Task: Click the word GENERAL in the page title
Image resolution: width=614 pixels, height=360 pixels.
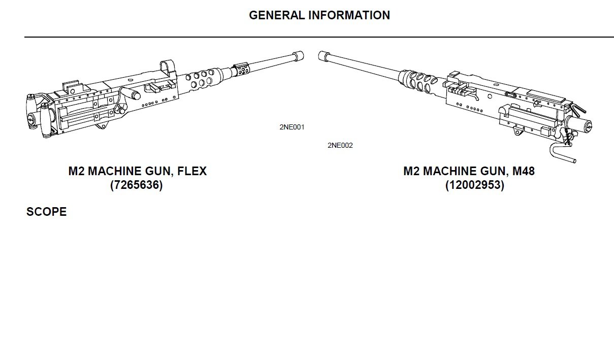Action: (x=277, y=15)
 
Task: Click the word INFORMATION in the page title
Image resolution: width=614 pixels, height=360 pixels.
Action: (x=349, y=15)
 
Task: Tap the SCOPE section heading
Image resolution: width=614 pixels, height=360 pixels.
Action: (x=46, y=212)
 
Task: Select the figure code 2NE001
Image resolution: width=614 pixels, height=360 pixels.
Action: (x=292, y=127)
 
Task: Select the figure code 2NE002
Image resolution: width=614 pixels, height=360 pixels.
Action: (x=340, y=145)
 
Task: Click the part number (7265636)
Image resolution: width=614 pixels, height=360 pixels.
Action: (x=137, y=185)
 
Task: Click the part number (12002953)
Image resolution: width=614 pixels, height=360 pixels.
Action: (x=475, y=185)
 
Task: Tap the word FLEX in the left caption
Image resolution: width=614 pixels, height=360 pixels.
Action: (x=192, y=171)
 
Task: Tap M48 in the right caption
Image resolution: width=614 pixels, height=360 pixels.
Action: (x=524, y=171)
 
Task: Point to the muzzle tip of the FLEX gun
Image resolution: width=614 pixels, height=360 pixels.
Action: (x=303, y=56)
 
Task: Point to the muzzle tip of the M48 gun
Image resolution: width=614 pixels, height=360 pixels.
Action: (x=319, y=56)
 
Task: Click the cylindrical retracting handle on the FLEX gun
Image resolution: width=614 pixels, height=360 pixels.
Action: (x=130, y=92)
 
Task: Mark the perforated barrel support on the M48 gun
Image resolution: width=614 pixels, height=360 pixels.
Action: (x=418, y=80)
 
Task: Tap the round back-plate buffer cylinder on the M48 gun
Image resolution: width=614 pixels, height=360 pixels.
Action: (x=580, y=125)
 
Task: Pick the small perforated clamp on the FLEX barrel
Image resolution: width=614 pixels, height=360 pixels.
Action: (x=241, y=69)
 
